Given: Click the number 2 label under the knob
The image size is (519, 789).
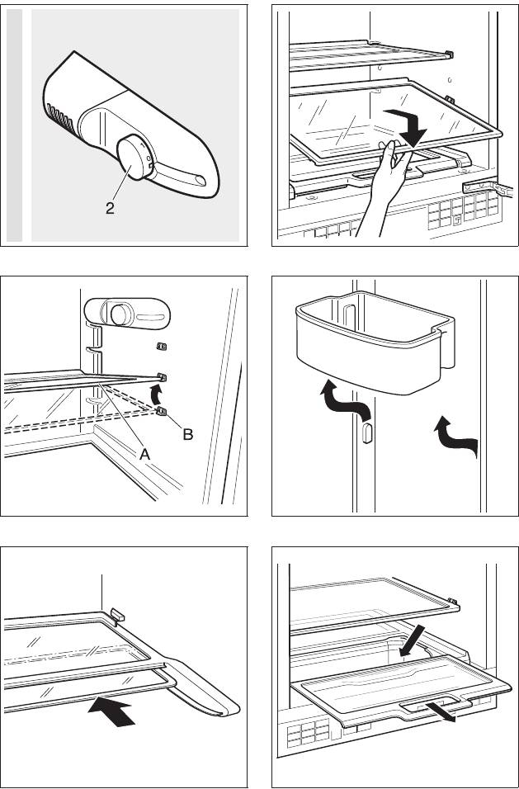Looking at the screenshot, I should [x=110, y=208].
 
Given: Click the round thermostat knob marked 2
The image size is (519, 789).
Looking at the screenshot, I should [x=131, y=157].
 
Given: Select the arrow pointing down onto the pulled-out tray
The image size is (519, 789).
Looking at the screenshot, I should [x=413, y=640].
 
